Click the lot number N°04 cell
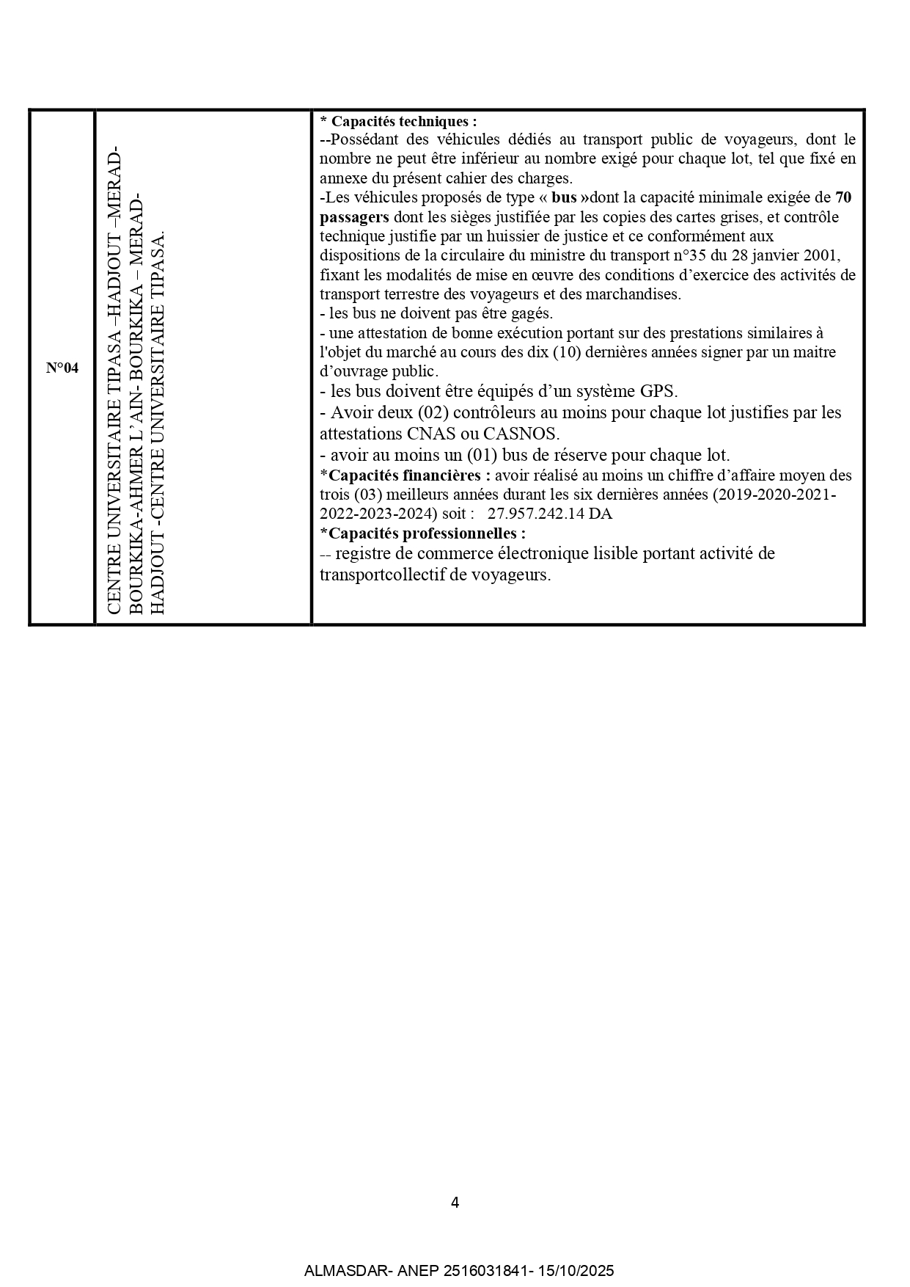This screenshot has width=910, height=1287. pos(62,368)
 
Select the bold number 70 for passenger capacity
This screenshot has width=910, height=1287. pos(843,197)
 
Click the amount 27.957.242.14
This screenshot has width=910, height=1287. pos(536,514)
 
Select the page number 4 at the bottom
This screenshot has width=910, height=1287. pos(455,1203)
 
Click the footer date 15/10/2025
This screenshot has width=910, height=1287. pos(576,1271)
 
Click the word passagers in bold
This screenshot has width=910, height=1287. pos(354,217)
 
